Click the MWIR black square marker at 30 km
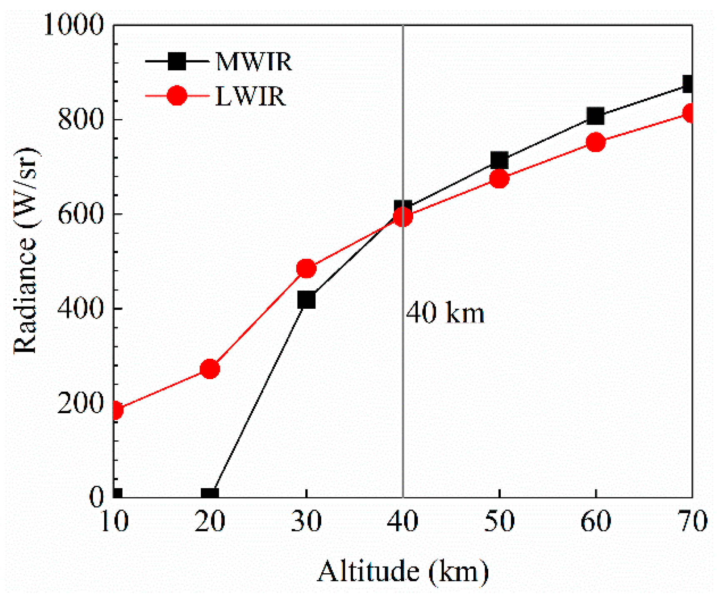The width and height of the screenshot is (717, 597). click(306, 300)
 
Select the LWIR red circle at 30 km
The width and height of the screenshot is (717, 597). click(306, 268)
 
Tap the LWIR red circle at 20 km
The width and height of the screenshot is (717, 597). click(210, 369)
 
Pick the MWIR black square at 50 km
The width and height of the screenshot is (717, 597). click(499, 160)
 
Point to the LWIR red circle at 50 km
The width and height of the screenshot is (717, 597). click(499, 179)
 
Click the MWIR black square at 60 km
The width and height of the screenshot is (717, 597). click(595, 116)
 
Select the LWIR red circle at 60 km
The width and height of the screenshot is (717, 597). click(595, 142)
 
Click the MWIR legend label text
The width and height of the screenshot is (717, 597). click(254, 62)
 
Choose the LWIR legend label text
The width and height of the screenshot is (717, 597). click(250, 96)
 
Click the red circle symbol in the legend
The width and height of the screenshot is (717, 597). click(177, 96)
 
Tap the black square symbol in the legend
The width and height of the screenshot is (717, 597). click(177, 61)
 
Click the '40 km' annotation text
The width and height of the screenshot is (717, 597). click(445, 313)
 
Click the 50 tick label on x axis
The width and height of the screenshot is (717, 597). click(499, 521)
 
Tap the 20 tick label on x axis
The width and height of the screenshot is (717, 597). click(210, 521)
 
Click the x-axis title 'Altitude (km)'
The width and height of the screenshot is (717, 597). click(402, 571)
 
